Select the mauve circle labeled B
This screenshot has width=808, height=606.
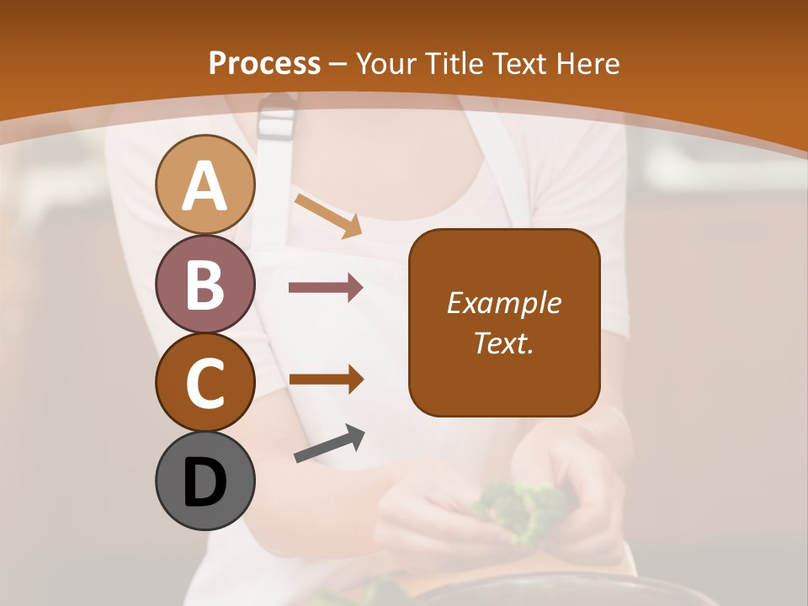point(205,284)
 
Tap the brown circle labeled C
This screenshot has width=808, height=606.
point(205,382)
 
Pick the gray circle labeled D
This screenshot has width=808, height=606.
point(205,481)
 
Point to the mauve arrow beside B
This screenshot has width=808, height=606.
point(326,288)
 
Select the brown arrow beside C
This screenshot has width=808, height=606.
point(326,379)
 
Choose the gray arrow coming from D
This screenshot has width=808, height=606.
point(329,444)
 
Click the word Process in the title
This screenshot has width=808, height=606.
point(264,63)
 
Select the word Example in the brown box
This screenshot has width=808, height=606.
point(504,303)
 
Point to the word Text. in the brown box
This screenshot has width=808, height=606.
point(504,343)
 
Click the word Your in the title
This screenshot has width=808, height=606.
point(385,63)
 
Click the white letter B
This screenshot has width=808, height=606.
point(205,284)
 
